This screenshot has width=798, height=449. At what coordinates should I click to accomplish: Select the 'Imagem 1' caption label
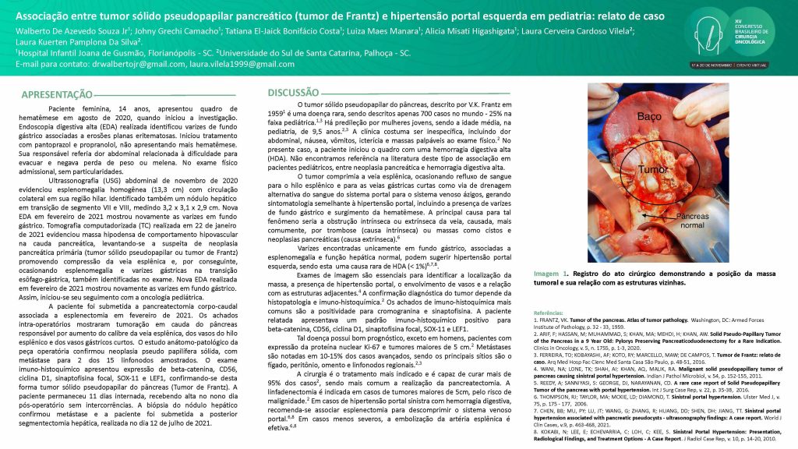(x=550, y=275)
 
